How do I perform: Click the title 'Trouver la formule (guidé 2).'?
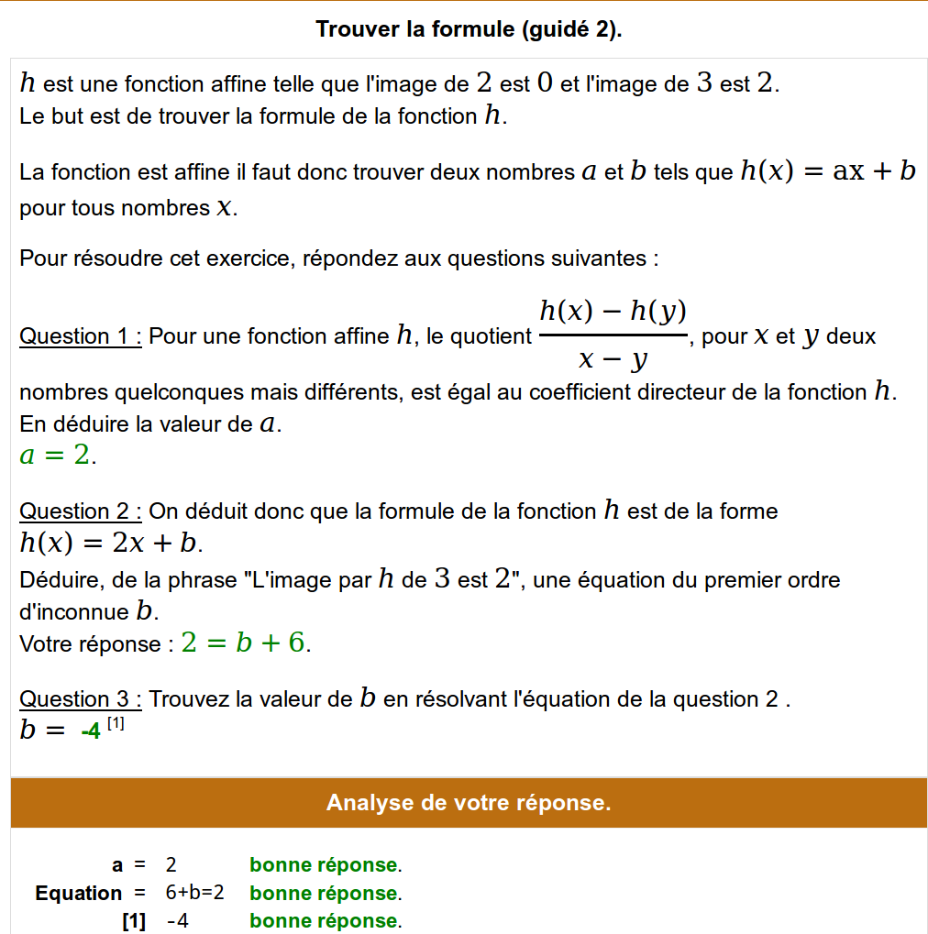click(x=469, y=29)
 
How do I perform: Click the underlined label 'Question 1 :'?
click(x=81, y=336)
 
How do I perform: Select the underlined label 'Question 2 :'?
click(x=81, y=511)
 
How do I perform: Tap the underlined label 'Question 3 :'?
click(x=81, y=699)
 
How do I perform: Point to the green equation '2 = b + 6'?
click(x=243, y=643)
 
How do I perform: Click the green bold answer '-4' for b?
click(x=91, y=731)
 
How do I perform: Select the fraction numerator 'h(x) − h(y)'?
click(x=613, y=312)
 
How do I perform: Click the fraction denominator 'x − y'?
click(x=613, y=359)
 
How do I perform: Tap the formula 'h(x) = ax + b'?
click(x=827, y=171)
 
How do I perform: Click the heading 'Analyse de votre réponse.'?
click(x=469, y=803)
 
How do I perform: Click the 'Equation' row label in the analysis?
click(x=78, y=893)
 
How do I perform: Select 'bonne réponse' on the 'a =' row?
click(x=324, y=864)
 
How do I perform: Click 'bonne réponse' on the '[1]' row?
click(x=324, y=921)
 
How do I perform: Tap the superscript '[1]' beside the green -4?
click(x=116, y=724)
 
